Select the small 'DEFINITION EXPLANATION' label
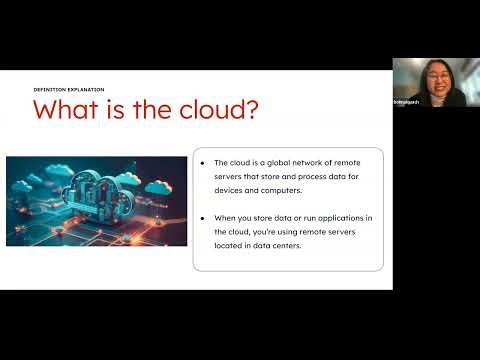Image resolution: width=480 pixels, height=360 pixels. [69, 89]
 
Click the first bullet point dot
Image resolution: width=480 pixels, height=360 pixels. [203, 162]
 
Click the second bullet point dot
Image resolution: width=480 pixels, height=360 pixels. [203, 216]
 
